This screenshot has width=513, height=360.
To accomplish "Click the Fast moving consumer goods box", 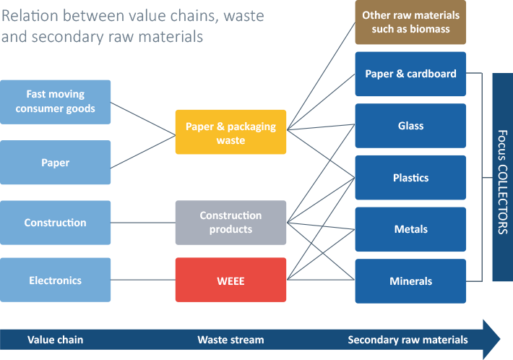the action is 56,102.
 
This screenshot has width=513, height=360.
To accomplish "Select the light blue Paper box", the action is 56,163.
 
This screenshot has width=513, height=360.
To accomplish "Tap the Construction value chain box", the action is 56,223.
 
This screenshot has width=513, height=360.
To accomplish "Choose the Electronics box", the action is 56,280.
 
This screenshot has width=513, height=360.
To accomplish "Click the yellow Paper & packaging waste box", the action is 230,132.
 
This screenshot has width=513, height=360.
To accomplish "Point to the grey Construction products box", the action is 230,223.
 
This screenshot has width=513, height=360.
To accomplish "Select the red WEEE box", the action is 230,280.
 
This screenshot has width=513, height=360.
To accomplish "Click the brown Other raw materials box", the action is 410,22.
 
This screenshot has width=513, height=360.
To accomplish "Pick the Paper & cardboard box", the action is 410,74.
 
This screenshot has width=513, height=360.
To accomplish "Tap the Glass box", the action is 410,126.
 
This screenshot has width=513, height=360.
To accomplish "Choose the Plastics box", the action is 410,177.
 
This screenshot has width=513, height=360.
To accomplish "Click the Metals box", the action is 410,229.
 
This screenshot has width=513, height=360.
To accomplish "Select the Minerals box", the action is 410,281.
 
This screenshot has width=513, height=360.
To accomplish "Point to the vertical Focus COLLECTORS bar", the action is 503,177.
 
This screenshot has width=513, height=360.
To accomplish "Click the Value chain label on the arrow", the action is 56,340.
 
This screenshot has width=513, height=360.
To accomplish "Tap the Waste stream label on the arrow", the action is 230,340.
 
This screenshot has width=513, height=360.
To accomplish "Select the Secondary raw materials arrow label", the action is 408,340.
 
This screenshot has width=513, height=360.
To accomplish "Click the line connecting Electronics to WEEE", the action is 143,280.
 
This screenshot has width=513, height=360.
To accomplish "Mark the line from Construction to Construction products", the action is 143,223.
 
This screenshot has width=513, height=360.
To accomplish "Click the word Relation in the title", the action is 30,16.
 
